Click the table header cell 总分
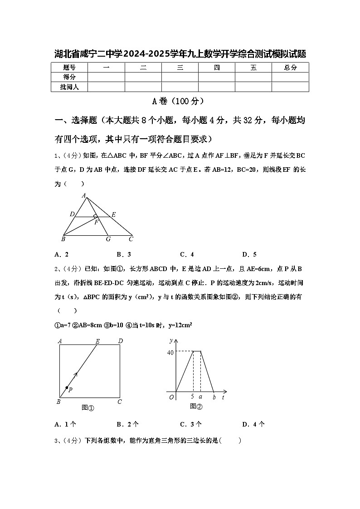click(x=290, y=68)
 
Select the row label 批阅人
click(x=69, y=87)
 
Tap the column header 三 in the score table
click(x=180, y=68)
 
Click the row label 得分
click(x=69, y=77)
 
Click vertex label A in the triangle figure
click(x=84, y=196)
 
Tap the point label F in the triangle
click(x=96, y=222)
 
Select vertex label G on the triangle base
click(x=108, y=239)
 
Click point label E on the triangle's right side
click(x=113, y=214)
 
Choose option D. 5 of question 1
click(x=249, y=254)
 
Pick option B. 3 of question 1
click(x=124, y=254)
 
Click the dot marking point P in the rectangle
click(x=67, y=388)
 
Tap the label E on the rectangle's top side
click(x=97, y=341)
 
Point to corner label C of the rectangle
click(x=120, y=402)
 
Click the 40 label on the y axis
click(x=170, y=353)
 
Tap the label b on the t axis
click(x=214, y=398)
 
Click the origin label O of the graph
click(x=171, y=398)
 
